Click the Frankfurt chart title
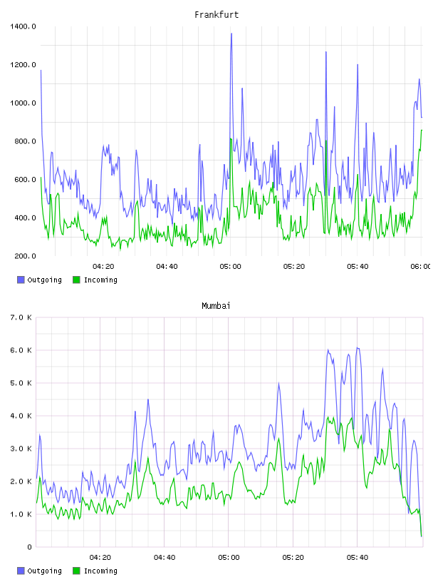click(x=216, y=15)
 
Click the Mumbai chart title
click(x=216, y=306)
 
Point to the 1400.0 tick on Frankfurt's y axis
click(x=23, y=26)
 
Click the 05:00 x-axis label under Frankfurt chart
click(x=230, y=267)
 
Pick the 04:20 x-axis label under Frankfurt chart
click(x=103, y=267)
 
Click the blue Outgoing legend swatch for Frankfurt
click(x=21, y=280)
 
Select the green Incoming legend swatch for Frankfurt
click(x=76, y=280)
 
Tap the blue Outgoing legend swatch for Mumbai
click(x=21, y=571)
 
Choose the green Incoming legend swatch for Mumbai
click(x=76, y=571)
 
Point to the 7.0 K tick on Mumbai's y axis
click(x=21, y=317)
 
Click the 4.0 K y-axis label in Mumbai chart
click(x=21, y=416)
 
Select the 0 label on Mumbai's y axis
click(x=29, y=547)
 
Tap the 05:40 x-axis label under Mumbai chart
click(x=358, y=558)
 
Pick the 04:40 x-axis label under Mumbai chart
click(x=165, y=558)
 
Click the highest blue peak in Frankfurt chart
click(x=231, y=34)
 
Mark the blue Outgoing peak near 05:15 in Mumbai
click(x=278, y=383)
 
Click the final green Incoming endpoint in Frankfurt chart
click(x=422, y=130)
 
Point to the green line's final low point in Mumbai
click(x=422, y=536)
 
